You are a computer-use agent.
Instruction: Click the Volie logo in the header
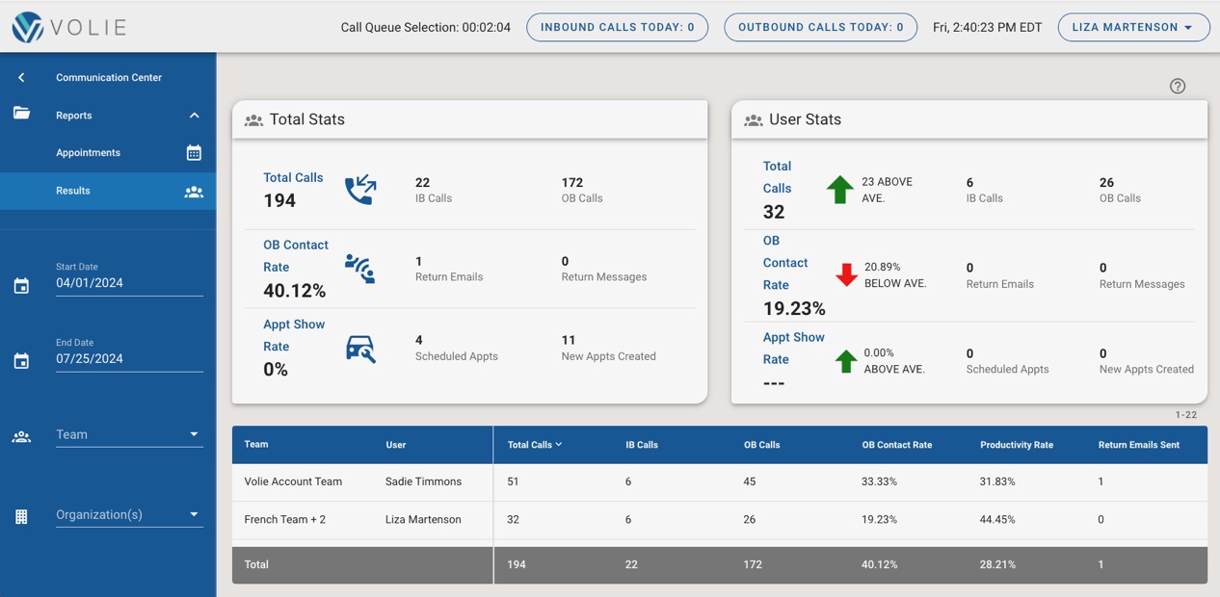pyautogui.click(x=69, y=27)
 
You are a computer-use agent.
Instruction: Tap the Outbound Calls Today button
pyautogui.click(x=820, y=27)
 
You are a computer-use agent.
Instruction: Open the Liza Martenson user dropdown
pyautogui.click(x=1133, y=27)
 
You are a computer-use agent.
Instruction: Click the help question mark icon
pyautogui.click(x=1177, y=86)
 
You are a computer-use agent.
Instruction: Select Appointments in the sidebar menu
pyautogui.click(x=89, y=153)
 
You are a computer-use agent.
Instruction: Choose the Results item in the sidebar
pyautogui.click(x=73, y=191)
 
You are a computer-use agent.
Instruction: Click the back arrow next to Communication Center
pyautogui.click(x=21, y=77)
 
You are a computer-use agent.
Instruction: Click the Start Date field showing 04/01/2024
pyautogui.click(x=128, y=283)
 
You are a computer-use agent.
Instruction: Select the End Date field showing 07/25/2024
pyautogui.click(x=128, y=358)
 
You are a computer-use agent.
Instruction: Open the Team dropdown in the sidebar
pyautogui.click(x=128, y=434)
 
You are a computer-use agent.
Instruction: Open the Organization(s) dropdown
pyautogui.click(x=128, y=514)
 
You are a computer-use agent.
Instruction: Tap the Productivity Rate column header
pyautogui.click(x=1016, y=445)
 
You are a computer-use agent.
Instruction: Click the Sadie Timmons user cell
pyautogui.click(x=423, y=481)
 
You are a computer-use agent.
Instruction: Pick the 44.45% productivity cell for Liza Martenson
pyautogui.click(x=996, y=519)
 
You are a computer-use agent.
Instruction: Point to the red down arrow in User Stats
pyautogui.click(x=846, y=274)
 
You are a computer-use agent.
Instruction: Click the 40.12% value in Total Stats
pyautogui.click(x=294, y=291)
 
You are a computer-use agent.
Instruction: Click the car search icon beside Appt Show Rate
pyautogui.click(x=360, y=349)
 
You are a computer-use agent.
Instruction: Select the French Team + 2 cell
pyautogui.click(x=284, y=519)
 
